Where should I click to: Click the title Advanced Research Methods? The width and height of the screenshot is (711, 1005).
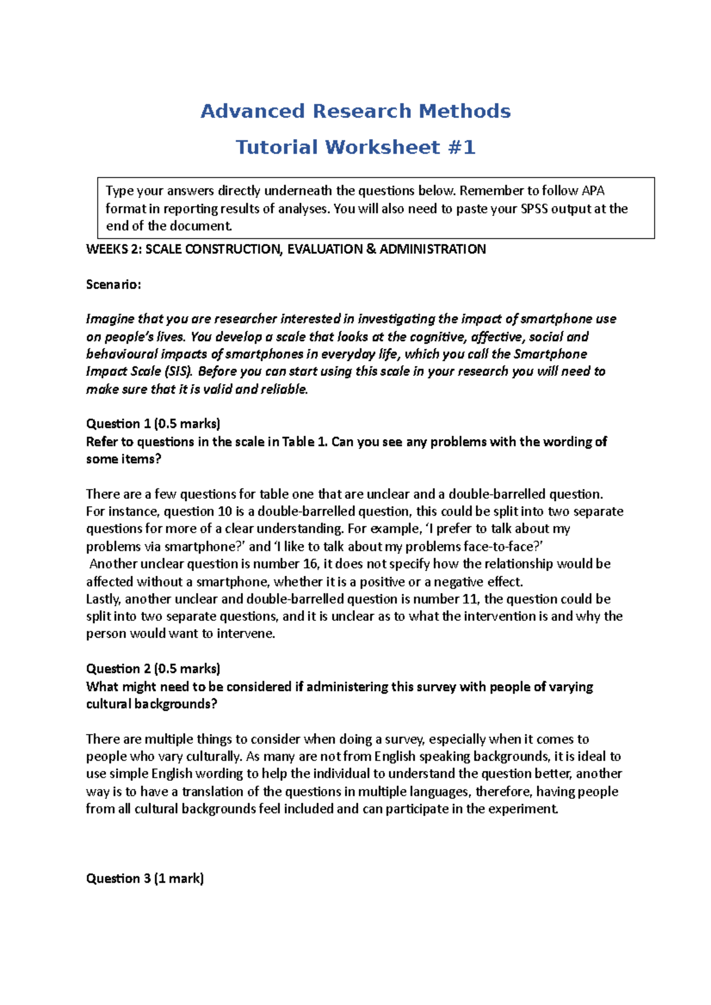pos(355,111)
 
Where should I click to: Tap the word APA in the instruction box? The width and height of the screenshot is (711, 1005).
pos(592,191)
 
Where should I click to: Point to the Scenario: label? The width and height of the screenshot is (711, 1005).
pos(114,284)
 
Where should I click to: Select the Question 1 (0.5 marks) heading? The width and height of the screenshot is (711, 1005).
pos(153,424)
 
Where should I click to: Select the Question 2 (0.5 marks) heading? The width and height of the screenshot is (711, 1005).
pos(153,669)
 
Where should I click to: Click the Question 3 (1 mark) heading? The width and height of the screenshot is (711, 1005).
pos(145,878)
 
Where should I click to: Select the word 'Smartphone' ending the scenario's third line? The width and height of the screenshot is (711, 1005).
pos(550,354)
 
